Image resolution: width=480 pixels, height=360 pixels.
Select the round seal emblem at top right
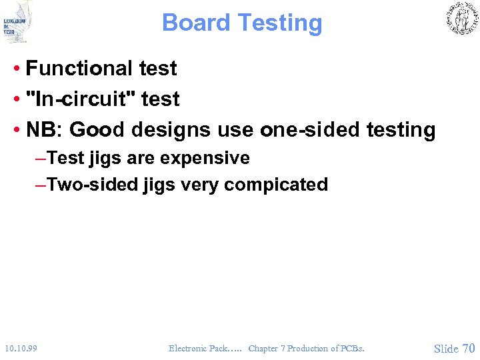pyautogui.click(x=461, y=19)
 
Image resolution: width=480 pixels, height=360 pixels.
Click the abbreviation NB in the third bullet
pyautogui.click(x=44, y=130)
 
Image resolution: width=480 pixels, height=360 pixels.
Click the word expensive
pyautogui.click(x=213, y=159)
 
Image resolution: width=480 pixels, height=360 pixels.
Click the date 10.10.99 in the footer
pyautogui.click(x=21, y=348)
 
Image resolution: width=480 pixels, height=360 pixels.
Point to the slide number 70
pyautogui.click(x=469, y=348)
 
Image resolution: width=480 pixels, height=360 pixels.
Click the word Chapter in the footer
pyautogui.click(x=263, y=348)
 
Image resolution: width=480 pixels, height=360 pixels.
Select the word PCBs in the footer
pyautogui.click(x=352, y=348)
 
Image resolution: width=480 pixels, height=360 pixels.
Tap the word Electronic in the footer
pyautogui.click(x=187, y=348)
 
